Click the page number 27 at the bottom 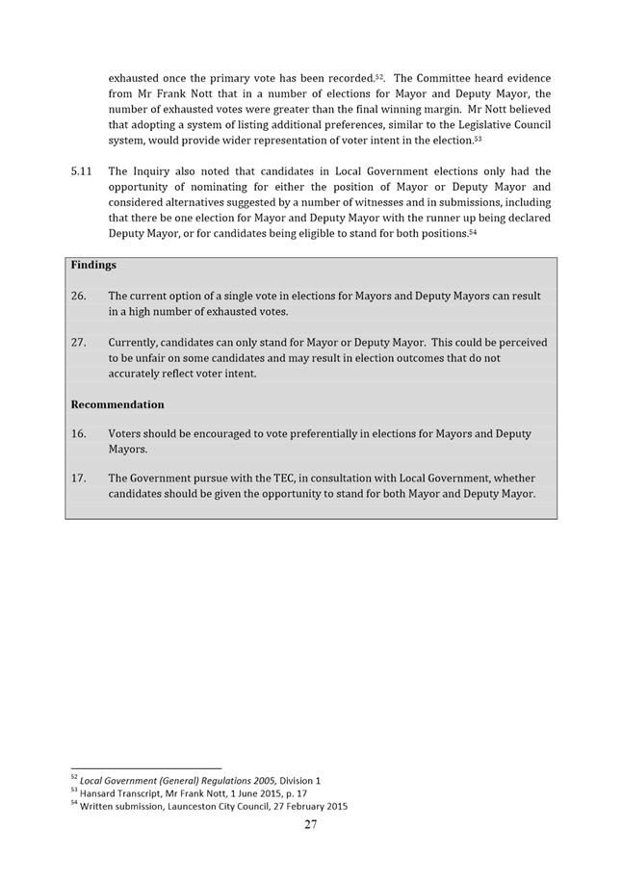[x=311, y=824]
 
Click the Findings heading [x=92, y=265]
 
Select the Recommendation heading [x=117, y=404]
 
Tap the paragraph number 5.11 [x=82, y=171]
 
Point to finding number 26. [x=78, y=297]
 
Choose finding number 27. [x=78, y=343]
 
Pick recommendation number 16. [x=78, y=434]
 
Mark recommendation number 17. [x=78, y=479]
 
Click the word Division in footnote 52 [x=297, y=779]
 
